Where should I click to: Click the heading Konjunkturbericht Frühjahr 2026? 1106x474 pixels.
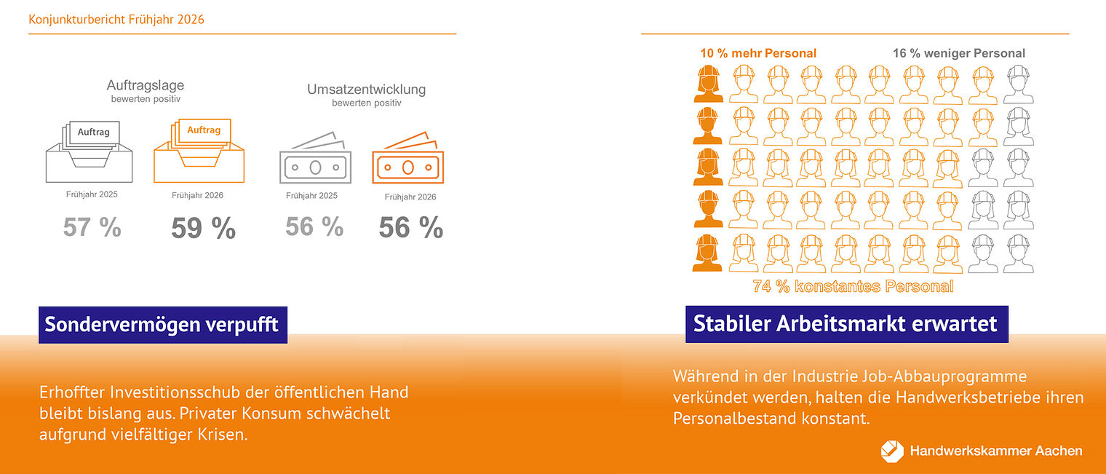click(116, 19)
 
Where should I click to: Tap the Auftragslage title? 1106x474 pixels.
click(146, 85)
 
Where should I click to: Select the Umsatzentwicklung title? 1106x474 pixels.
click(367, 90)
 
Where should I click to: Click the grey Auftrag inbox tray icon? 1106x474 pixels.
click(89, 151)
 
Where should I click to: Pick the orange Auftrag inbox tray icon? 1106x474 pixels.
click(199, 151)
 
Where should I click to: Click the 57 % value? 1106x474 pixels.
click(92, 227)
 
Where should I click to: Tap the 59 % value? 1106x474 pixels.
click(204, 228)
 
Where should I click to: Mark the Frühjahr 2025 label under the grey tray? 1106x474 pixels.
click(92, 194)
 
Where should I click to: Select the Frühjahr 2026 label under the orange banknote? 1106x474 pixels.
click(410, 197)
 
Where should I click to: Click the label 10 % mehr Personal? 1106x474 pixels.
click(758, 53)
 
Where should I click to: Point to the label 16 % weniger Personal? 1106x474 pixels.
click(959, 53)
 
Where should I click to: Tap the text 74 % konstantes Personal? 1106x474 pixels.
click(854, 286)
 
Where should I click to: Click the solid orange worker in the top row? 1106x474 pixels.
click(709, 84)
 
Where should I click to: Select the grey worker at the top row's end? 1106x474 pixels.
click(1019, 84)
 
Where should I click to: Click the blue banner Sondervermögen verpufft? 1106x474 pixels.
click(163, 325)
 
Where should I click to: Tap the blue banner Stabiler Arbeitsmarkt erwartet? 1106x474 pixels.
click(847, 324)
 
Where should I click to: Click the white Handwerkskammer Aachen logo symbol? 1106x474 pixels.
click(892, 451)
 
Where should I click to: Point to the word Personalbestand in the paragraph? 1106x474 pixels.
click(735, 419)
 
